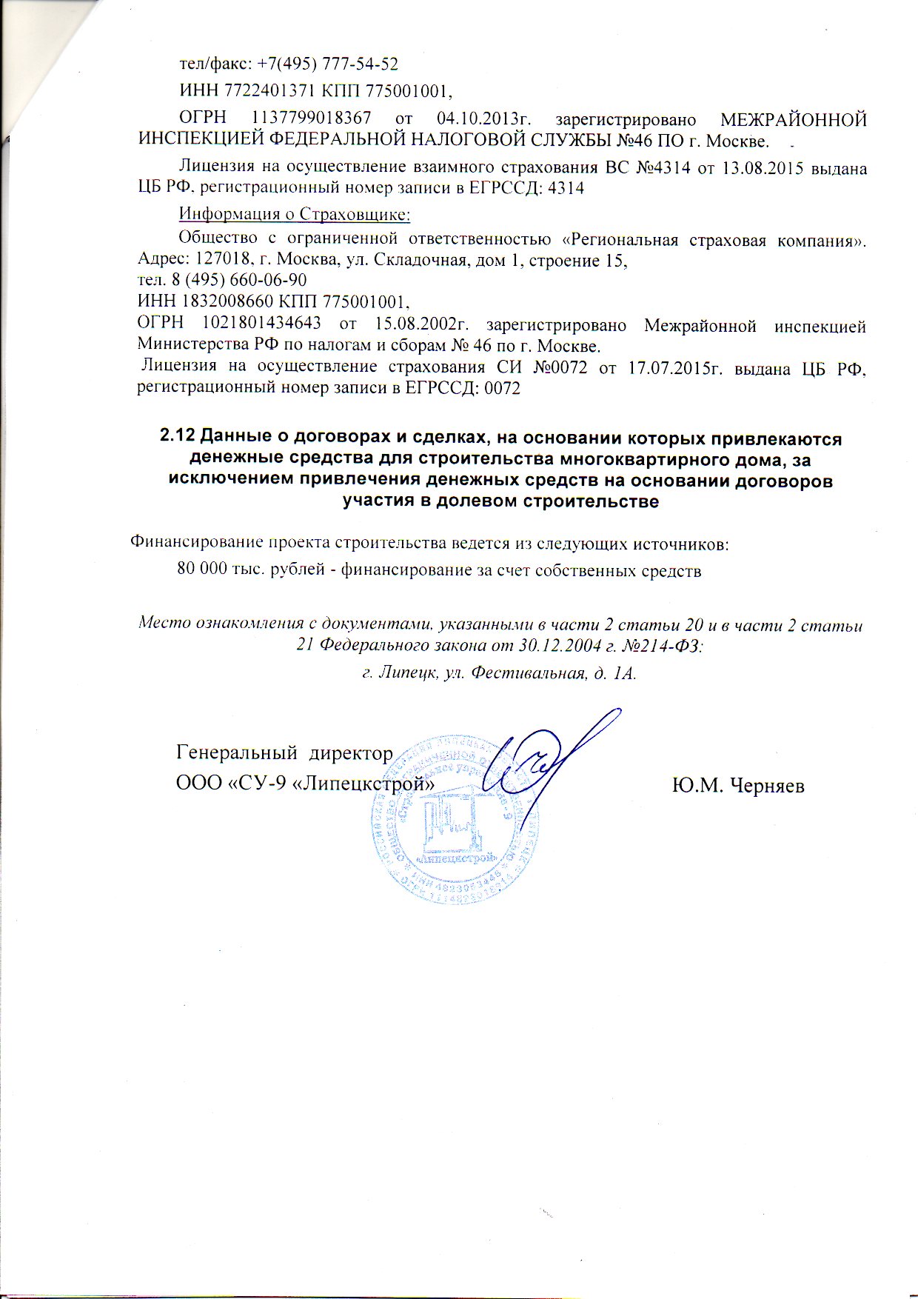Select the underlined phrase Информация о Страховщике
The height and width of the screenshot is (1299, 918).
pyautogui.click(x=295, y=215)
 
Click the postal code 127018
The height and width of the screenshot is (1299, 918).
pyautogui.click(x=219, y=261)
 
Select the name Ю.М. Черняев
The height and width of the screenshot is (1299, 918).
pyautogui.click(x=737, y=786)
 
